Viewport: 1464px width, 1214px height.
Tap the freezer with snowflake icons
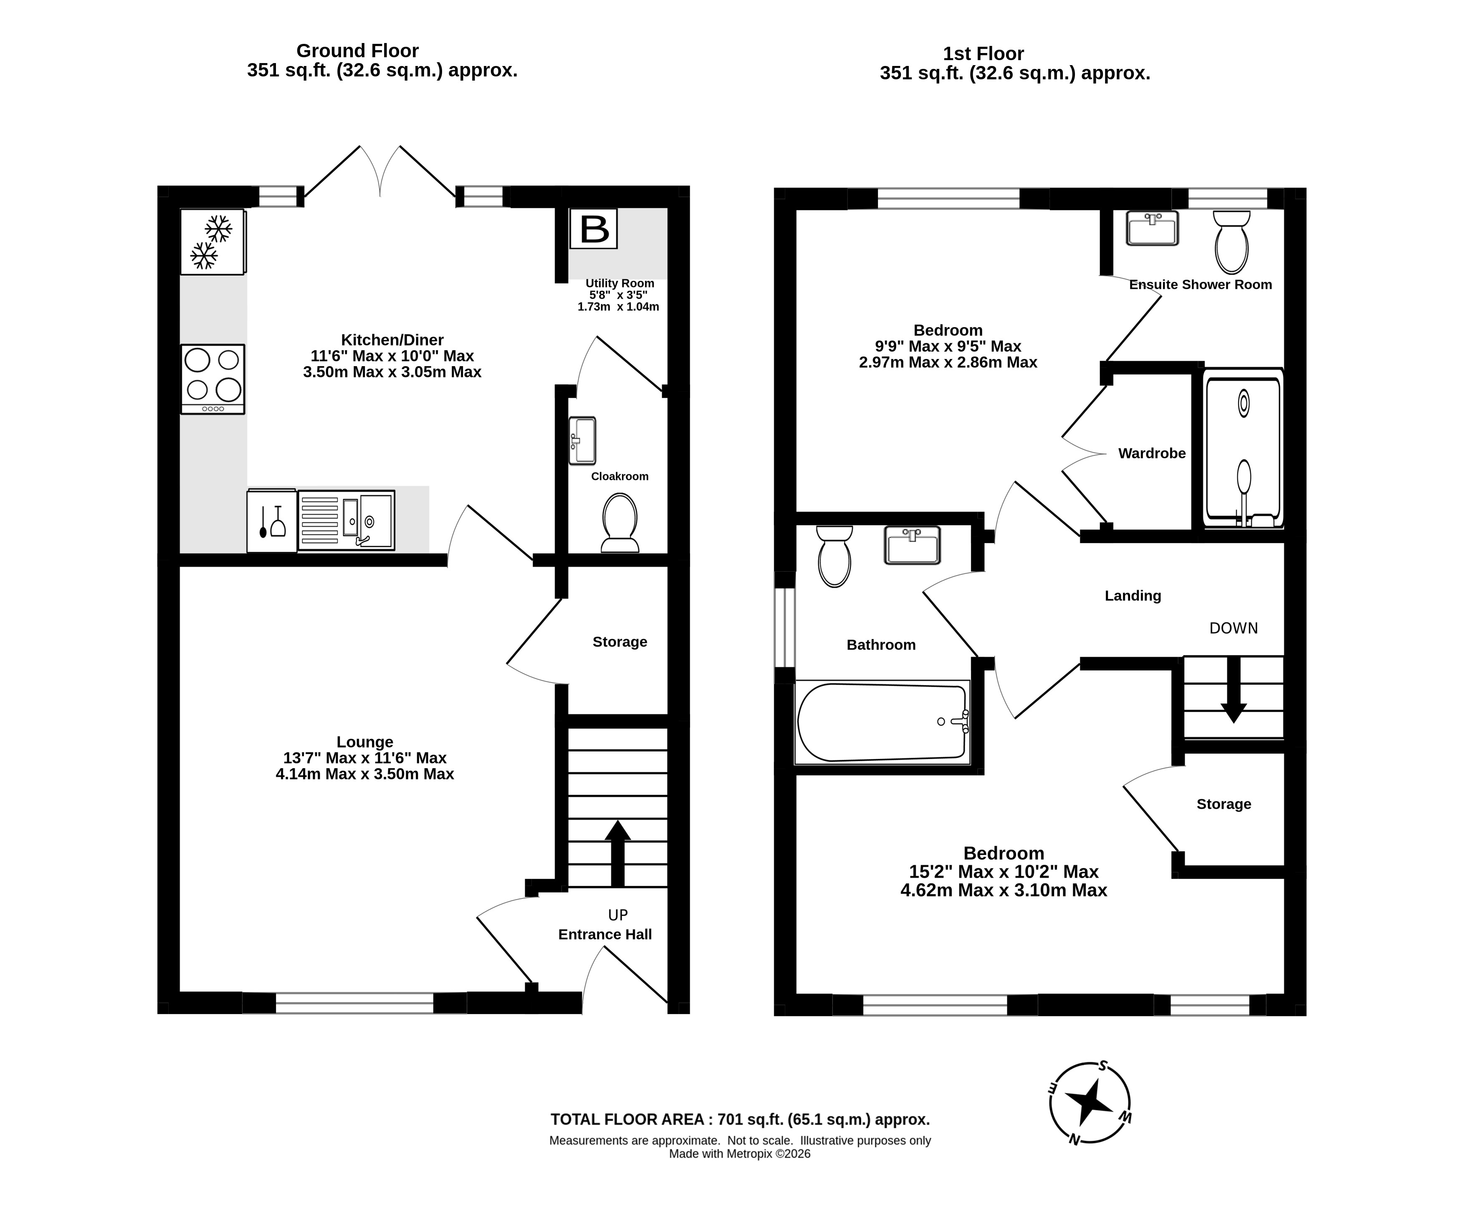pyautogui.click(x=212, y=241)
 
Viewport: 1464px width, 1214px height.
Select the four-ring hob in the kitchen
pyautogui.click(x=212, y=379)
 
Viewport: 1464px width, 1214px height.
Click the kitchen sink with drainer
pyautogui.click(x=346, y=520)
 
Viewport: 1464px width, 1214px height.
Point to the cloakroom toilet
pyautogui.click(x=620, y=523)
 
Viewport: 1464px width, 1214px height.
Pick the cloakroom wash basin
pyautogui.click(x=582, y=441)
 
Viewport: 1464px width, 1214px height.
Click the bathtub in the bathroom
pyautogui.click(x=882, y=722)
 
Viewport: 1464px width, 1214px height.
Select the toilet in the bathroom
pyautogui.click(x=834, y=556)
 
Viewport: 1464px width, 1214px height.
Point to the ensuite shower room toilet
pyautogui.click(x=1232, y=242)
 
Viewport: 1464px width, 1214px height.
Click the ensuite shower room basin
pyautogui.click(x=1153, y=228)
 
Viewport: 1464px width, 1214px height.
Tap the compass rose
pyautogui.click(x=1090, y=1103)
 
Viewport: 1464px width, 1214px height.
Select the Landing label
pyautogui.click(x=1133, y=595)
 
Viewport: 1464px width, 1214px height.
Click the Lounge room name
pyautogui.click(x=364, y=742)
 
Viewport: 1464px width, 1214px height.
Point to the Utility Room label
pyautogui.click(x=620, y=283)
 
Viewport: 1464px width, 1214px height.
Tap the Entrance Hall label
pyautogui.click(x=605, y=934)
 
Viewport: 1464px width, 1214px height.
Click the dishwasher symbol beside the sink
pyautogui.click(x=272, y=520)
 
